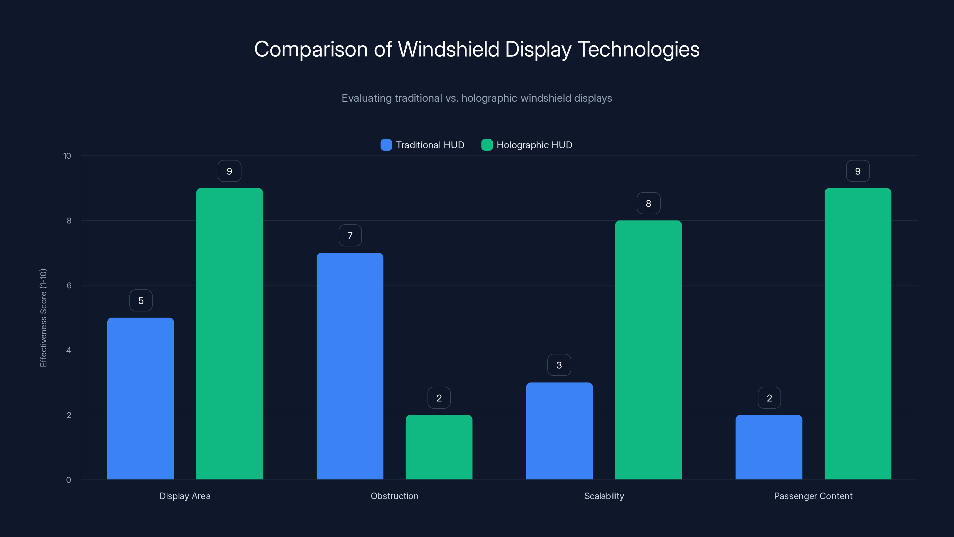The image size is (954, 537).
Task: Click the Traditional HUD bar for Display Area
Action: coord(140,398)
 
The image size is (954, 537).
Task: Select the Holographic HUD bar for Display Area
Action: coord(229,334)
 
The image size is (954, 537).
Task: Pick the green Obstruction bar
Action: coord(439,447)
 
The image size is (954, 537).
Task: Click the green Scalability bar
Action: coord(648,350)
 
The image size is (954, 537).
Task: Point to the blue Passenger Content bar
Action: coord(769,447)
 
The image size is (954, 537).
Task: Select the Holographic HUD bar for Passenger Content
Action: coord(858,334)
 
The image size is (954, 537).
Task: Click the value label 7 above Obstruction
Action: coord(350,236)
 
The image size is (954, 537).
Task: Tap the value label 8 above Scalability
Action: coord(648,203)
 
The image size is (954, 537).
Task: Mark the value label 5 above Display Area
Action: coord(141,300)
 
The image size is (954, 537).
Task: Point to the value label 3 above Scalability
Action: coord(559,365)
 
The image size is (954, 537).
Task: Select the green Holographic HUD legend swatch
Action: coord(487,145)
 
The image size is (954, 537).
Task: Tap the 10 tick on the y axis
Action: coord(67,156)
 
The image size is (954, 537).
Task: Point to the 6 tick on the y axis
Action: coord(69,286)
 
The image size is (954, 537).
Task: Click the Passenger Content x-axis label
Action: coord(813,496)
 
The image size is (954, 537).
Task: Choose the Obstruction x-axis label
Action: coord(394,496)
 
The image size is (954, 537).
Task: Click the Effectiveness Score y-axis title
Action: coord(43,318)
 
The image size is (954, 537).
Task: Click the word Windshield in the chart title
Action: coord(448,49)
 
